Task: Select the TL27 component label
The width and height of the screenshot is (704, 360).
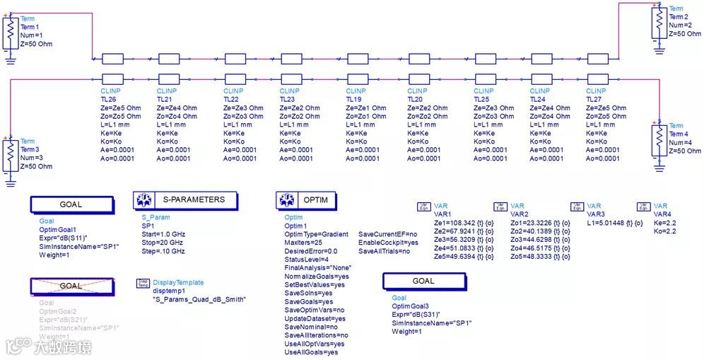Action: [595, 100]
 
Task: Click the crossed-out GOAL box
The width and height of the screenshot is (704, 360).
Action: [71, 286]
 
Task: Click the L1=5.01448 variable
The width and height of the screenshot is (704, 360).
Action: [607, 222]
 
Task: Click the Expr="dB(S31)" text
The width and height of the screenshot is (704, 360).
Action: [416, 315]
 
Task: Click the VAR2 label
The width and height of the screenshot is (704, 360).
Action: [520, 214]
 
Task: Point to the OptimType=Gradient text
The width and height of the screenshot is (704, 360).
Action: [317, 234]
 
